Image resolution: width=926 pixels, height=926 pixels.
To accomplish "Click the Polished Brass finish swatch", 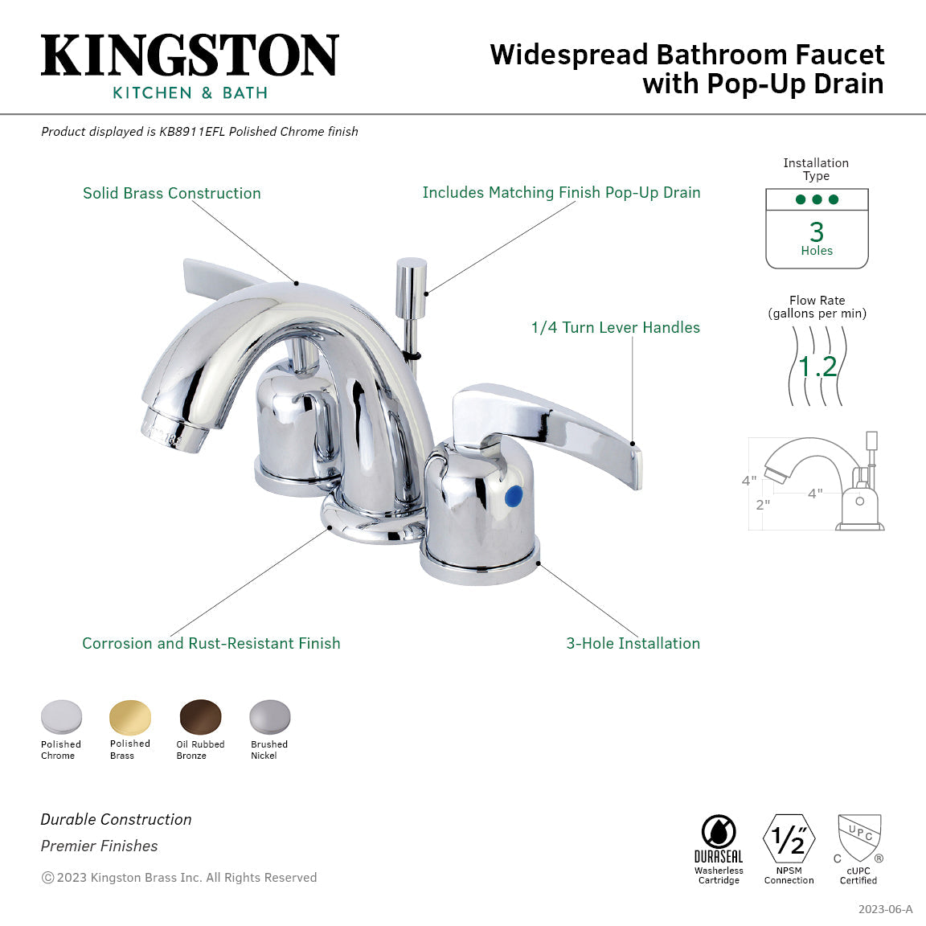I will (x=130, y=717).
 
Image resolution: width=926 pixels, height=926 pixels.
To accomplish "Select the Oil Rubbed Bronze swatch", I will (x=200, y=717).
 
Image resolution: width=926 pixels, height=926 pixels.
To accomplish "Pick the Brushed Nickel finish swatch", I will (x=269, y=717).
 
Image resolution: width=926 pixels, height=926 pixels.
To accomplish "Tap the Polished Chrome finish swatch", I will (x=61, y=717).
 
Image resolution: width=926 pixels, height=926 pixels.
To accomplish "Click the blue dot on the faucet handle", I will (x=512, y=497).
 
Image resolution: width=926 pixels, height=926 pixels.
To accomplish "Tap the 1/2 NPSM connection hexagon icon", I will (x=789, y=839).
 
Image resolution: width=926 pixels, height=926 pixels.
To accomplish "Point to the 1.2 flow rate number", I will (x=817, y=367).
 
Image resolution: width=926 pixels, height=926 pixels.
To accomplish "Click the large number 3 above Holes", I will (x=817, y=232).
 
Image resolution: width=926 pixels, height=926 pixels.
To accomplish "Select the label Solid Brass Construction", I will (x=172, y=193).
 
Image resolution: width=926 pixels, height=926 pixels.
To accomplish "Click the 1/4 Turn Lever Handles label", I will (x=615, y=327).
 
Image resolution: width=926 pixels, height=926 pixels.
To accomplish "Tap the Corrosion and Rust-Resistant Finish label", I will (x=211, y=643).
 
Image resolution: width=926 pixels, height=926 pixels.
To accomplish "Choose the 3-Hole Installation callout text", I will (x=633, y=643).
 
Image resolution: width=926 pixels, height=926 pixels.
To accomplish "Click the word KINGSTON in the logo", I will (x=190, y=56).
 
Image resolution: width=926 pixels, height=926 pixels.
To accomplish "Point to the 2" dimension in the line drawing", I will (x=762, y=505).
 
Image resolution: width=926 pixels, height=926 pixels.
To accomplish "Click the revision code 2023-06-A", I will (x=885, y=909).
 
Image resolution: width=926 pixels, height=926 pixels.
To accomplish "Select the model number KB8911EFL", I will (x=192, y=131).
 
